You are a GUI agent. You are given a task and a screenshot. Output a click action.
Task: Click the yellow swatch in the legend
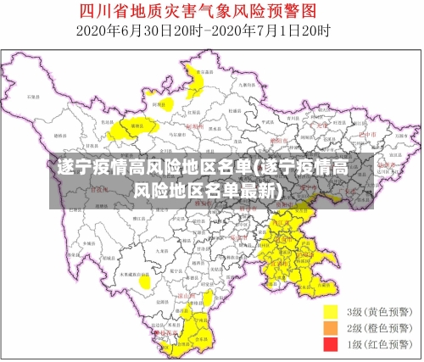(x=330, y=311)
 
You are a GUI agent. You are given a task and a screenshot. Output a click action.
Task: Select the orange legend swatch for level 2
(x=330, y=327)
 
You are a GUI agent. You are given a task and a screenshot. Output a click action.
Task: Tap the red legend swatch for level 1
(x=330, y=344)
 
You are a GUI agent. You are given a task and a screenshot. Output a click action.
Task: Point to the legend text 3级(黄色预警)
(x=379, y=311)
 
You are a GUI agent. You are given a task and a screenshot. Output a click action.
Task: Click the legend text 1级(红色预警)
(x=379, y=344)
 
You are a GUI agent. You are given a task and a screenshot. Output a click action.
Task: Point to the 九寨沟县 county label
(x=247, y=86)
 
